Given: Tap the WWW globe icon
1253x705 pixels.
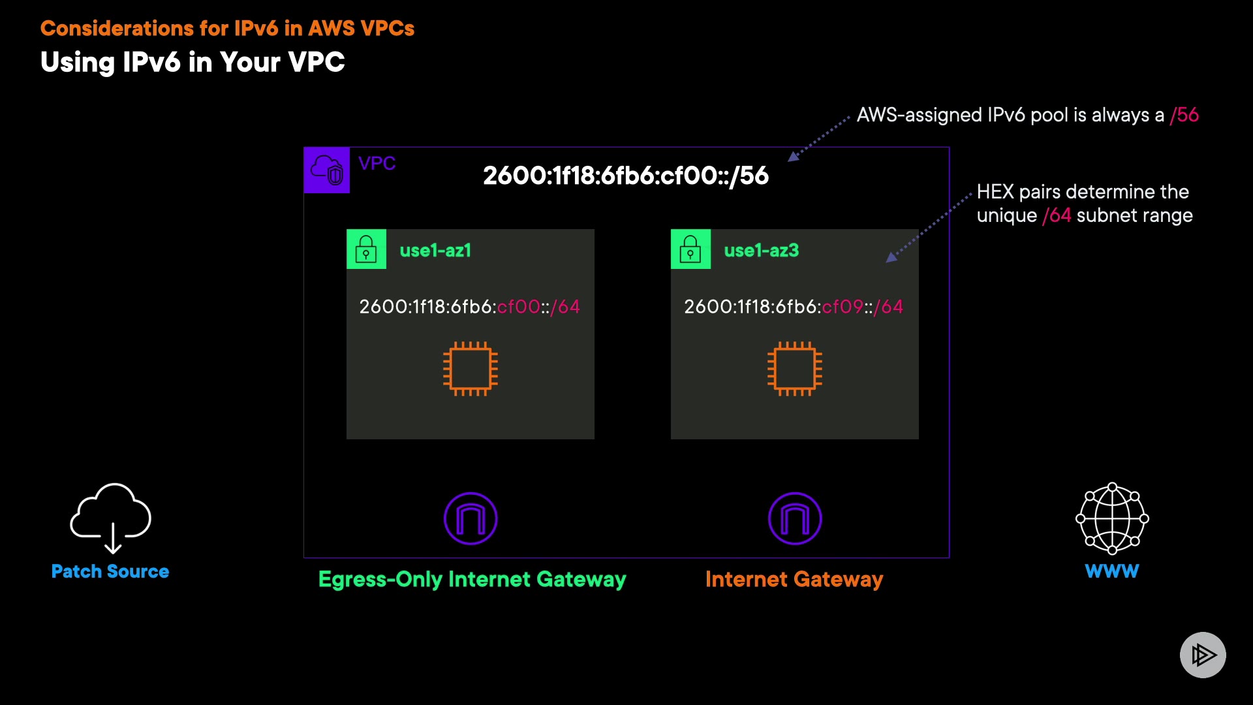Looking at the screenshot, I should point(1112,518).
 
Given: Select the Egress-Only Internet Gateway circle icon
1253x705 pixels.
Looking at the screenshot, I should point(471,518).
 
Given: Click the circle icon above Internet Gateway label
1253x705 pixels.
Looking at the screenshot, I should point(795,518).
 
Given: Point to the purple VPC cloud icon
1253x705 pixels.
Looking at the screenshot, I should point(327,170).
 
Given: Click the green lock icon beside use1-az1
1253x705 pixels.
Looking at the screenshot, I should point(366,249).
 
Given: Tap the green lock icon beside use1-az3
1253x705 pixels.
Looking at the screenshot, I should point(690,249).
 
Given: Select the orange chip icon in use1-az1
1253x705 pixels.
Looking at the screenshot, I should point(471,369).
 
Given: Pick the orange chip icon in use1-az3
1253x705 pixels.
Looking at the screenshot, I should point(795,369).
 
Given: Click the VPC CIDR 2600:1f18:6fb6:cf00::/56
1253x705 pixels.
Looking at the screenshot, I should point(626,176).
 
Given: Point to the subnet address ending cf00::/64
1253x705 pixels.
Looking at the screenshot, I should point(469,307).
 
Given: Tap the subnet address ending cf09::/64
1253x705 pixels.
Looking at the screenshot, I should point(794,307).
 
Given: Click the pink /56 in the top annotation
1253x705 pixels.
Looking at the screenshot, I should point(1184,115).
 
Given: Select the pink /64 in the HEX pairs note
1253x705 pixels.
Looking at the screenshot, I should point(1057,215).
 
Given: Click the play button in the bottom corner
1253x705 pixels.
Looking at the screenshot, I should point(1203,655).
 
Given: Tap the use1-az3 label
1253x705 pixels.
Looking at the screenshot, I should point(762,251).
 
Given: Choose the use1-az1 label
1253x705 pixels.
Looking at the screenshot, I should point(435,251).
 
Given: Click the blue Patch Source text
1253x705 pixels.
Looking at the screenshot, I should point(110,571).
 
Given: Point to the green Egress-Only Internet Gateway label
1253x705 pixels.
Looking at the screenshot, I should point(472,579).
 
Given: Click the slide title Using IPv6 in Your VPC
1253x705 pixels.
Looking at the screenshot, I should point(193,63).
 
